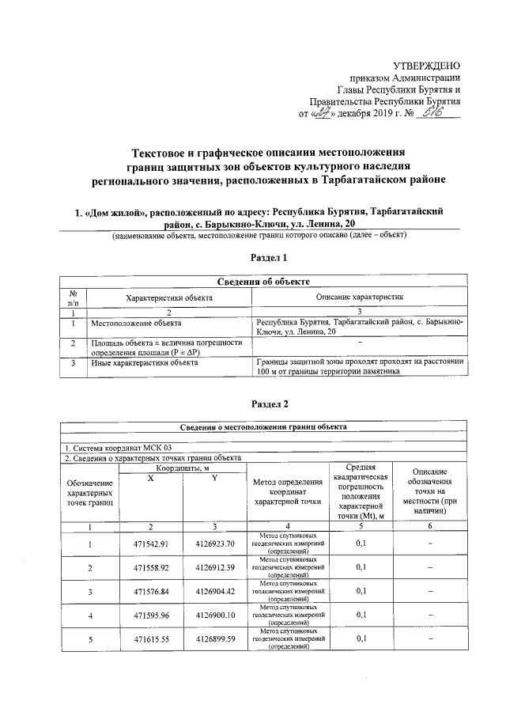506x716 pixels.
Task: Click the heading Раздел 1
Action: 269,258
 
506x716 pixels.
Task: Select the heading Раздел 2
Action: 269,404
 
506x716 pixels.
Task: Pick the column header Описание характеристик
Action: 360,297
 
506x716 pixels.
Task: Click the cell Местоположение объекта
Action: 136,324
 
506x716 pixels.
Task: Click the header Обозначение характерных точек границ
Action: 89,493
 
